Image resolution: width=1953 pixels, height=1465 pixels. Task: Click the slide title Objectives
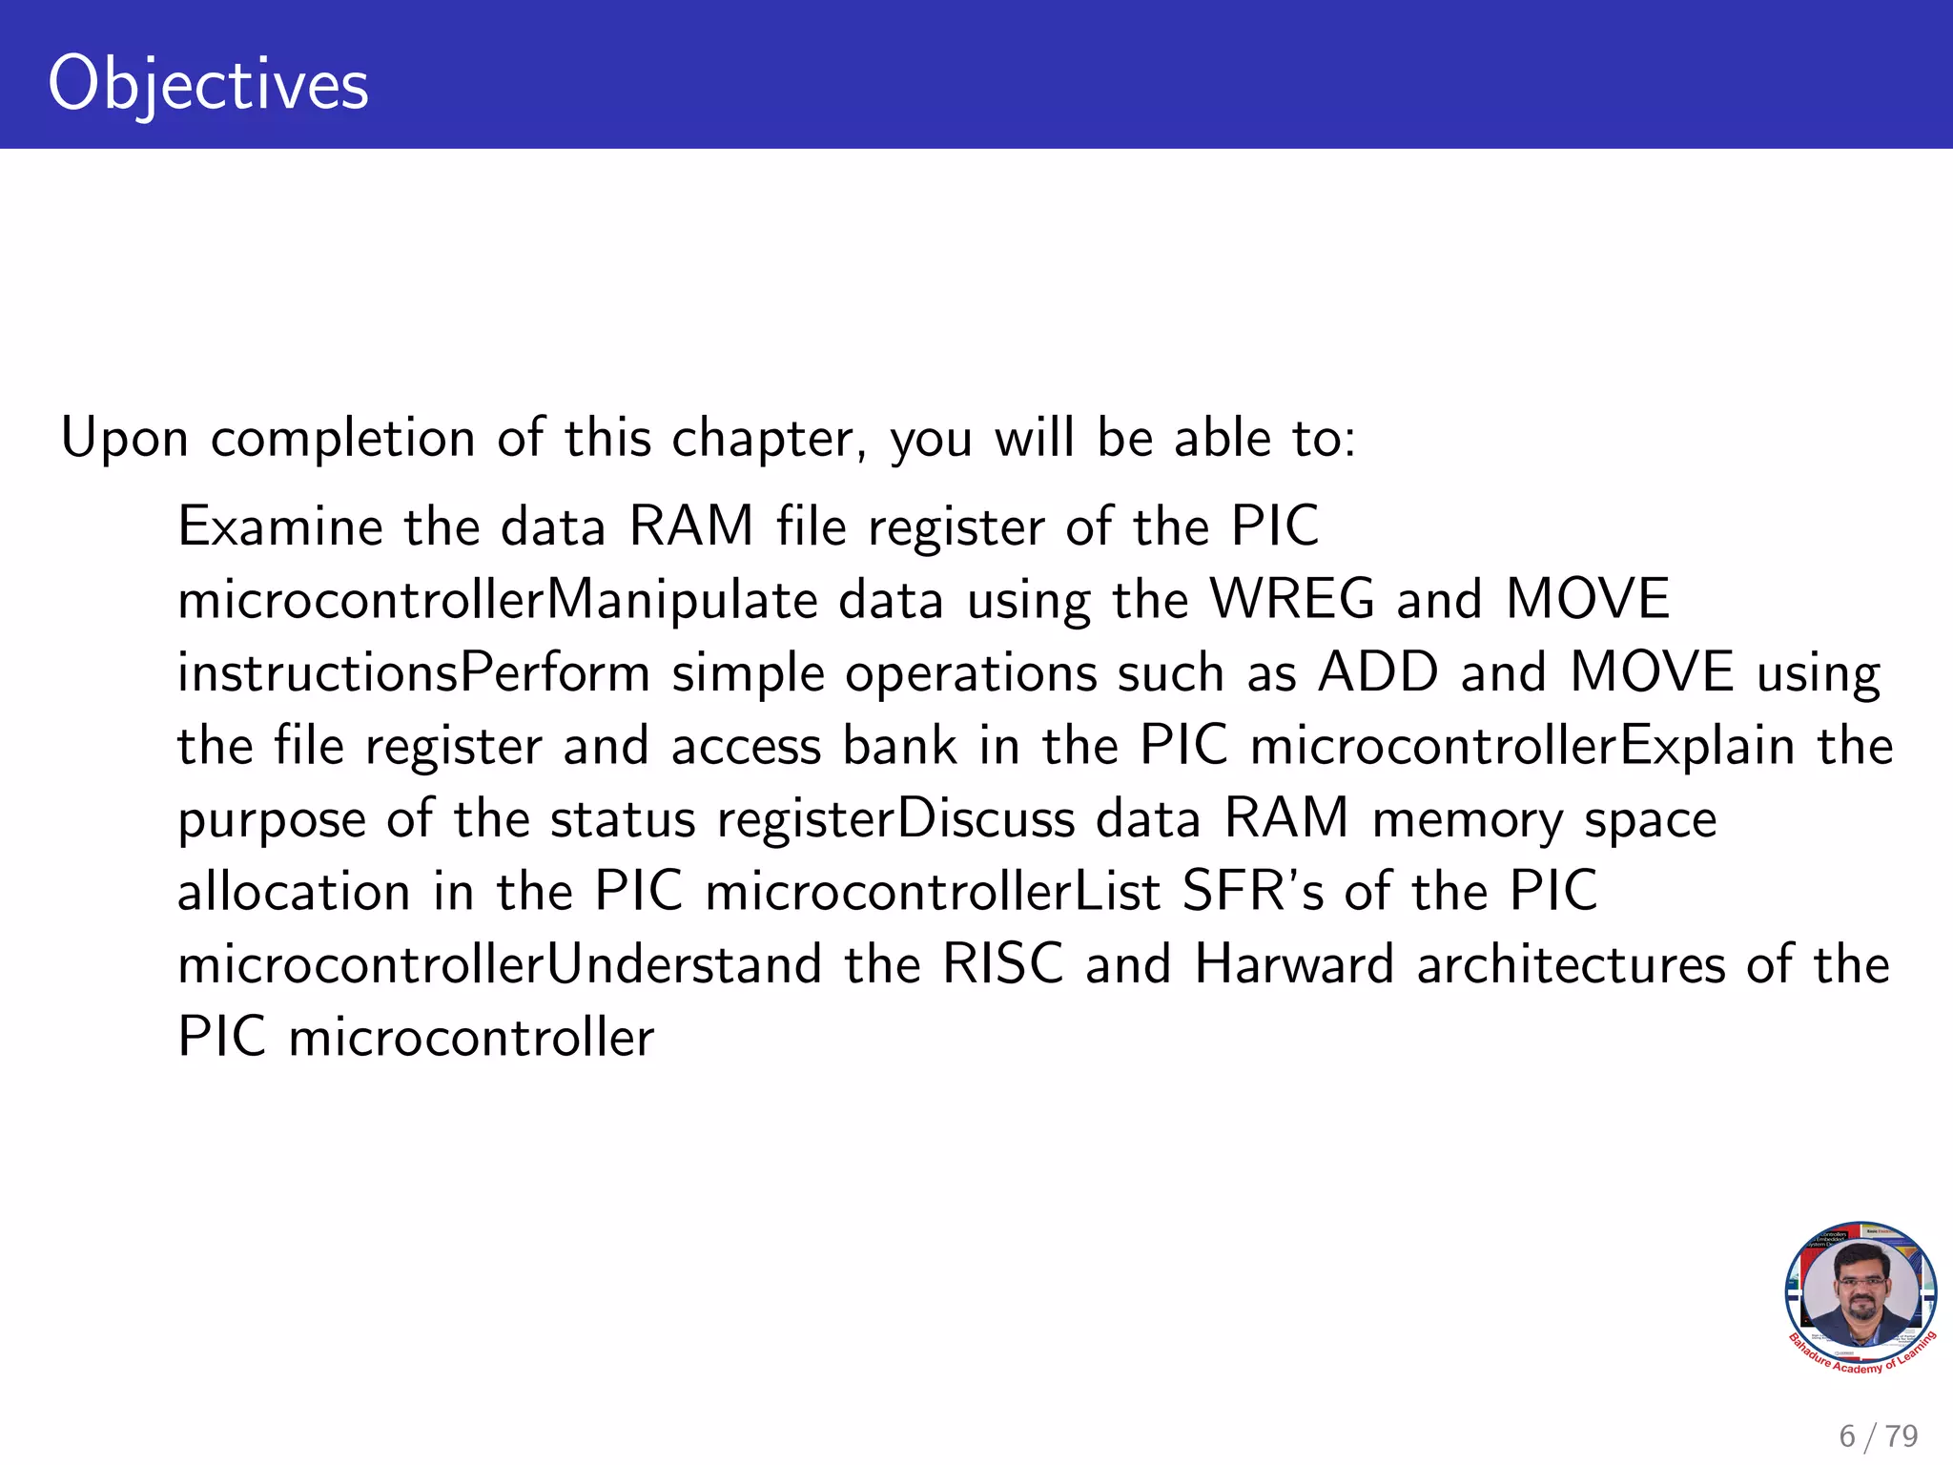point(208,84)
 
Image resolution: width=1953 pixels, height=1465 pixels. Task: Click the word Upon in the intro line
point(124,439)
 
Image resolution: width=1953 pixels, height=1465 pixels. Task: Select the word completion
point(342,439)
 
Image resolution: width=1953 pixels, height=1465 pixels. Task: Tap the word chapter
point(768,439)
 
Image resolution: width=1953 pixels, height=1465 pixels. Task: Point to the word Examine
point(279,526)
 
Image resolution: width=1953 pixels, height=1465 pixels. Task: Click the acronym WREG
point(1292,599)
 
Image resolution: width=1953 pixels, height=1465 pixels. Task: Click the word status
point(623,818)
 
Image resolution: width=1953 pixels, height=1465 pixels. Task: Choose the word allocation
point(294,891)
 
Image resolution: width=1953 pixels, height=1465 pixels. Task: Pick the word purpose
point(271,820)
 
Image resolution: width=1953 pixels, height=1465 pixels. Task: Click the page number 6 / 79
point(1878,1435)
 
